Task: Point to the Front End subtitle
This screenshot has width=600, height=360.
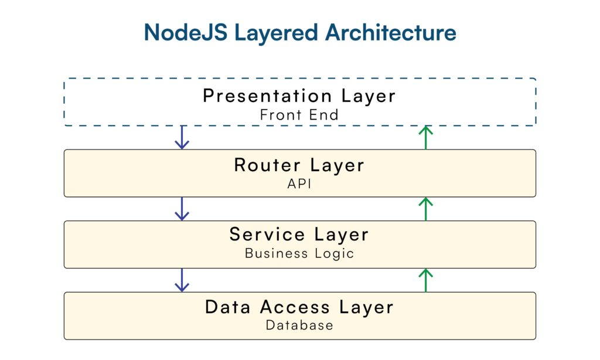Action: pyautogui.click(x=299, y=114)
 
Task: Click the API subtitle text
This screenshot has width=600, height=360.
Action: pyautogui.click(x=299, y=184)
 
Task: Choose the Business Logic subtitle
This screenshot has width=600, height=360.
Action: pyautogui.click(x=299, y=253)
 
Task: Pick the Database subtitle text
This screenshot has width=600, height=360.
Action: pyautogui.click(x=299, y=325)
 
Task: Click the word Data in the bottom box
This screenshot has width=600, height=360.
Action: pyautogui.click(x=229, y=307)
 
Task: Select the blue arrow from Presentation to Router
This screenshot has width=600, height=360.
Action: pyautogui.click(x=182, y=137)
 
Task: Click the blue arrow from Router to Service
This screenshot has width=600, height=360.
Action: pyautogui.click(x=182, y=209)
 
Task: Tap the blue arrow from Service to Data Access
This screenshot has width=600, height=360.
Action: pyautogui.click(x=182, y=280)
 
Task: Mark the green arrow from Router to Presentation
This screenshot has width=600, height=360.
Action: pyautogui.click(x=426, y=137)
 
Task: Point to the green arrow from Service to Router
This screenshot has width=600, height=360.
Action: pyautogui.click(x=426, y=209)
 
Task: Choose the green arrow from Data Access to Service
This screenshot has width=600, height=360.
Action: pyautogui.click(x=426, y=280)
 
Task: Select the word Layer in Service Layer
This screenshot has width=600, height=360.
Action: pyautogui.click(x=342, y=235)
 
